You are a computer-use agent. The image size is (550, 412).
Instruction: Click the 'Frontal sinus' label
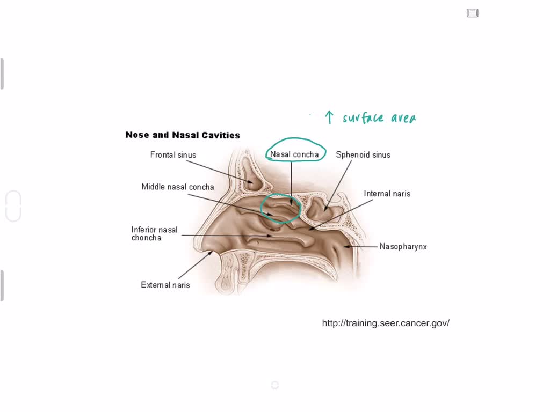[173, 155]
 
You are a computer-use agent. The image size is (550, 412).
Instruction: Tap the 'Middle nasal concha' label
[178, 187]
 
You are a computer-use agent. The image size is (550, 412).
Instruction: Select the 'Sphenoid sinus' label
[363, 155]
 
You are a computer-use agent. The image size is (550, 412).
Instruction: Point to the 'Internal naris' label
[387, 194]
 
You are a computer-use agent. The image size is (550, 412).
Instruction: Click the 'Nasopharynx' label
[403, 247]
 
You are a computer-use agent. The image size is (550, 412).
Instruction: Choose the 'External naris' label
[165, 285]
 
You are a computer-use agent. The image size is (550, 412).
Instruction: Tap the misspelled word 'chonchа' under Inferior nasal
[147, 238]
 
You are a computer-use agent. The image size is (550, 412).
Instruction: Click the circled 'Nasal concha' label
[294, 154]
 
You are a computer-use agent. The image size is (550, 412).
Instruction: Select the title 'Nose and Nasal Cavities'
[183, 135]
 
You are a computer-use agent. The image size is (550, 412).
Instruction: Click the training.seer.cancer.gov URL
[386, 323]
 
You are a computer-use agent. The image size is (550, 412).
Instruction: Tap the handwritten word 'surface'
[363, 117]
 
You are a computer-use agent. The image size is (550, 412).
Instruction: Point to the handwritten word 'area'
[403, 118]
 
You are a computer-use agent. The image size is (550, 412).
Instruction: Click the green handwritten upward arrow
[329, 117]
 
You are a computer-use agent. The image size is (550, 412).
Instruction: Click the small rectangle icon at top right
[473, 13]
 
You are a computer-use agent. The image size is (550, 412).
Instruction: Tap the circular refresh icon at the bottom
[275, 385]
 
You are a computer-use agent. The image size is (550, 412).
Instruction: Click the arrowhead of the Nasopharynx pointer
[347, 247]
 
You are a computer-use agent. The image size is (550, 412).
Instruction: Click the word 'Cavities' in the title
[220, 135]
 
